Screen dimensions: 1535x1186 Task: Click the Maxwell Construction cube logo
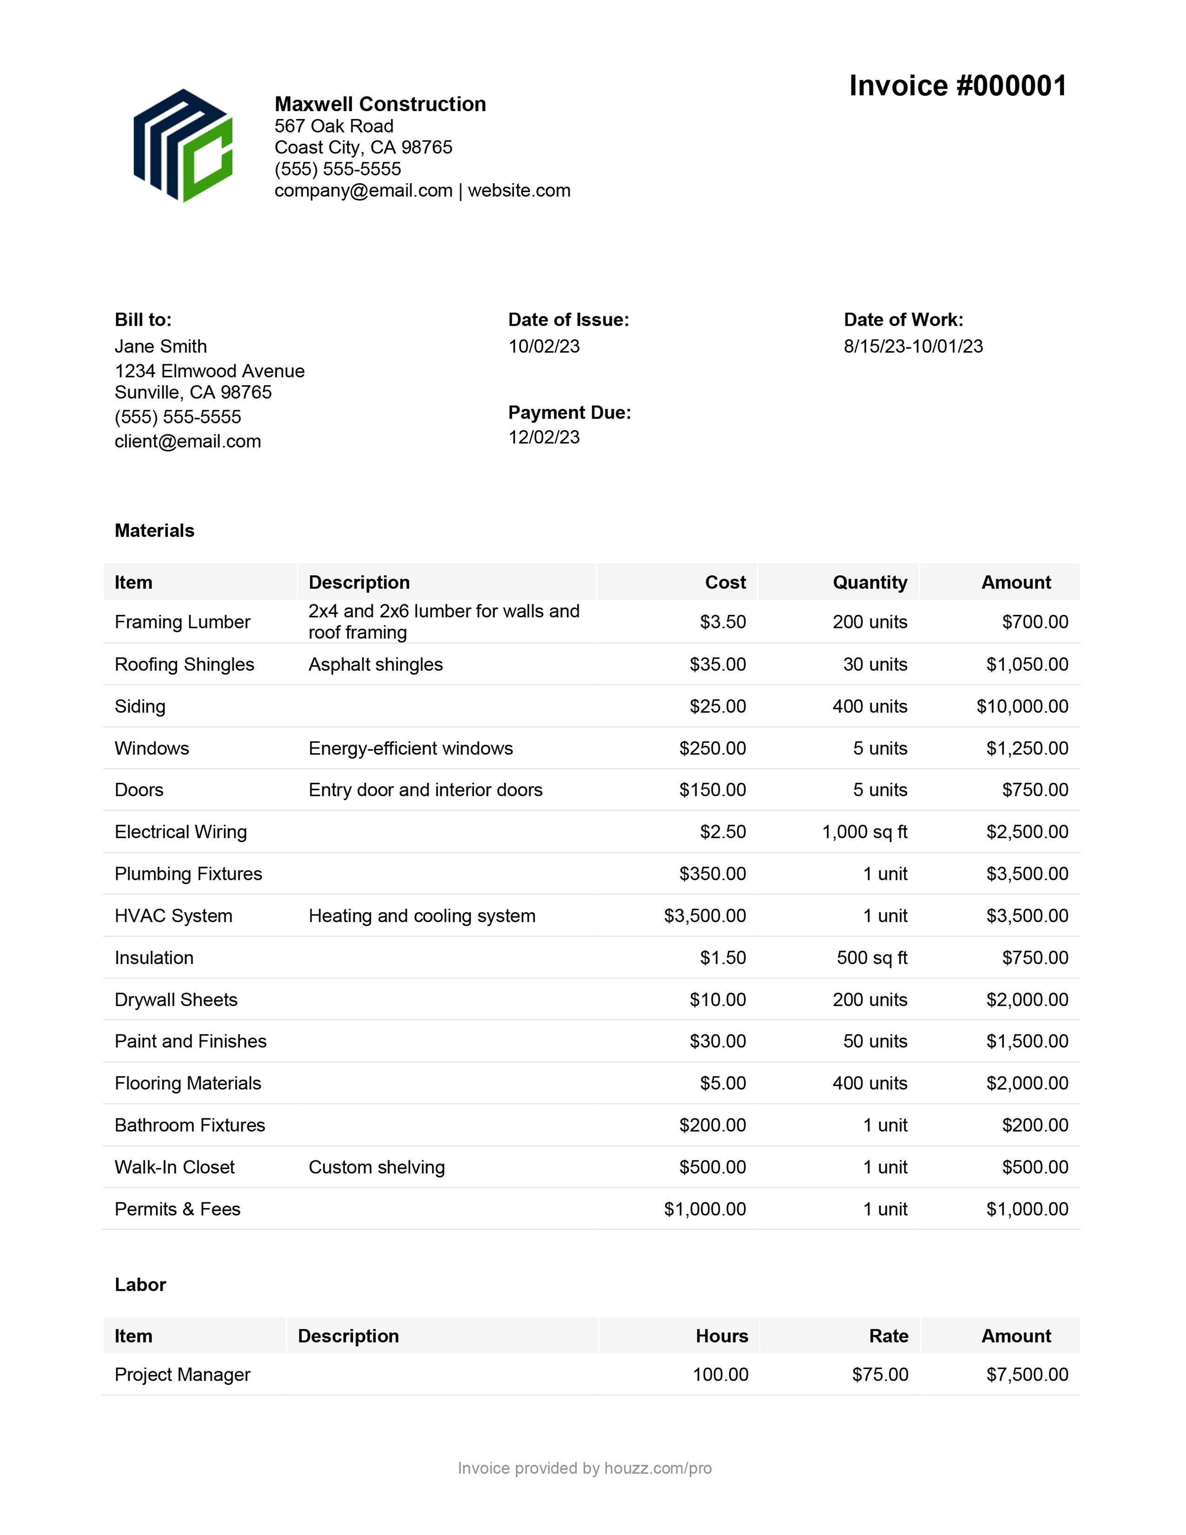coord(183,146)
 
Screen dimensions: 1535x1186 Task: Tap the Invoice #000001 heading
coord(958,86)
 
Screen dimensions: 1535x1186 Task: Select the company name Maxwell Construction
coord(380,104)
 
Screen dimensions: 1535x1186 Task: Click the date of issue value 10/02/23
coord(544,347)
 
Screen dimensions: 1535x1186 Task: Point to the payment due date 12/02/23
coord(544,437)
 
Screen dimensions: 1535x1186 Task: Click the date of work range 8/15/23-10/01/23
coord(913,347)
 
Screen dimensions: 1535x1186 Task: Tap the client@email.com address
coord(187,441)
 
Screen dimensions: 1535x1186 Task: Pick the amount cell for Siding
coord(1022,707)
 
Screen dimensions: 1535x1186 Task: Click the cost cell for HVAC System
coord(705,916)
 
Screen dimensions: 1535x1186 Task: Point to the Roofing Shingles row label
coord(184,664)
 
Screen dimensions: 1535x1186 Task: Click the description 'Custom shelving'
coord(377,1168)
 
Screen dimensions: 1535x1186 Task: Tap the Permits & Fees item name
coord(177,1209)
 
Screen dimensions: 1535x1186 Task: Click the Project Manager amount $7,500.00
coord(1026,1375)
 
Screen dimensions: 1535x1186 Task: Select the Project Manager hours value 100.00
coord(720,1375)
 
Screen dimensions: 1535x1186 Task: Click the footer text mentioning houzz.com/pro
coord(585,1468)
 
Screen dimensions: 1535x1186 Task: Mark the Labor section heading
coord(140,1285)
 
